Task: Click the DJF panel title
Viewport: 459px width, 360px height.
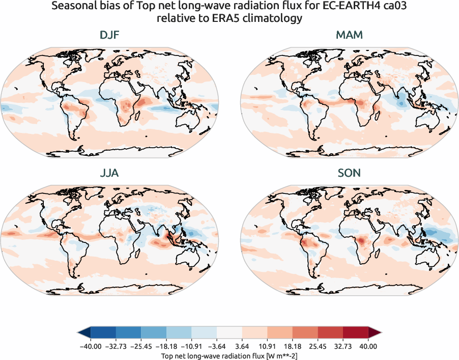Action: point(110,36)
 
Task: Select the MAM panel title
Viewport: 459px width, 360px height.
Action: point(349,36)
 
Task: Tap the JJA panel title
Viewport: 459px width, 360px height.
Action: point(110,173)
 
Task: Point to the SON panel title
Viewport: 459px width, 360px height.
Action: point(349,173)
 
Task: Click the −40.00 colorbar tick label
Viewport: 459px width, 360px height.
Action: point(91,346)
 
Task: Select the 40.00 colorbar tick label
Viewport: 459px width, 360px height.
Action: point(368,346)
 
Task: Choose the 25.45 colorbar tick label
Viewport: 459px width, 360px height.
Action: point(318,346)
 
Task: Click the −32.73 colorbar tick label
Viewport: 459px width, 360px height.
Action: point(116,346)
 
